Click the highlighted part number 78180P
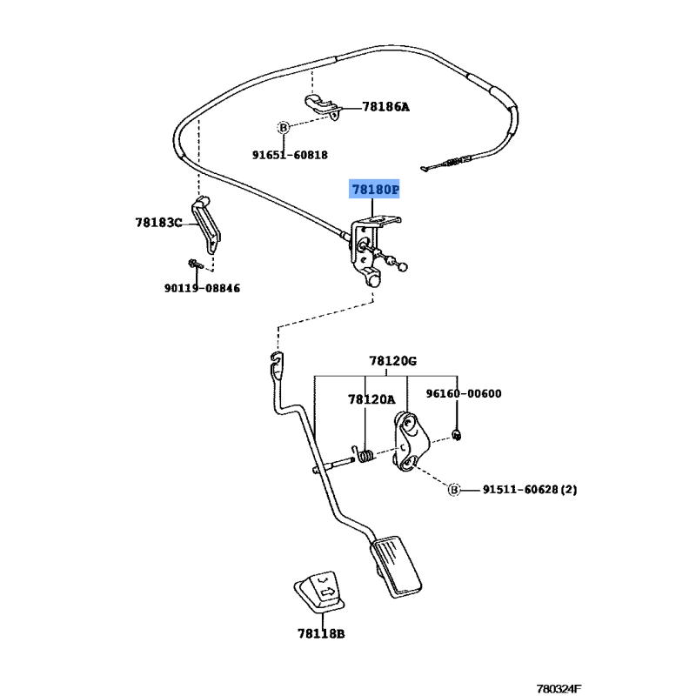click(375, 190)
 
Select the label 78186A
click(385, 106)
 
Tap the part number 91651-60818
click(290, 155)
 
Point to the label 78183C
click(158, 223)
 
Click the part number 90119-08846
click(202, 288)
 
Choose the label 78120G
click(393, 361)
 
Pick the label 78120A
click(371, 399)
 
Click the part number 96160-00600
click(464, 393)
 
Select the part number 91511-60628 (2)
click(530, 490)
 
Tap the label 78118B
click(321, 633)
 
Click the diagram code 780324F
click(559, 688)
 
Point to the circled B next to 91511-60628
click(453, 490)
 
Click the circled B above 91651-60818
click(284, 128)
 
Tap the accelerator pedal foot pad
click(396, 566)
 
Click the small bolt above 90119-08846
click(195, 264)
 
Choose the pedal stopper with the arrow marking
click(319, 592)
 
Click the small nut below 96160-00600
click(456, 435)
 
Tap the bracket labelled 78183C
click(207, 224)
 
